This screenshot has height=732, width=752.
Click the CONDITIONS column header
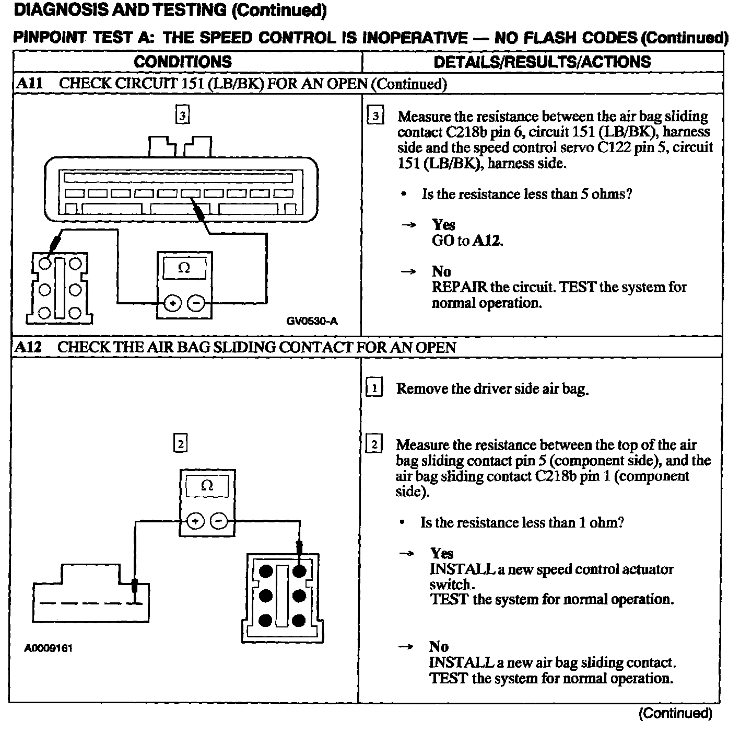(183, 62)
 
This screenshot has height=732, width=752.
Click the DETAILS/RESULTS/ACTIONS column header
(542, 62)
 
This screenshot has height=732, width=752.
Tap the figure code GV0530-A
(312, 321)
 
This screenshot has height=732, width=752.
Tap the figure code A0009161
(48, 648)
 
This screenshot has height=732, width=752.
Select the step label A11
(29, 84)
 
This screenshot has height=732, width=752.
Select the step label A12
(28, 347)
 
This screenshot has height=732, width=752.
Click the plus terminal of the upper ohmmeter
(173, 303)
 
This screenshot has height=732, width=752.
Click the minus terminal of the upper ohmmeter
(196, 303)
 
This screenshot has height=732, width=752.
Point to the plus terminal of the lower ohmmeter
(195, 521)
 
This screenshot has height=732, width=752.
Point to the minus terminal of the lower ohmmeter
(218, 521)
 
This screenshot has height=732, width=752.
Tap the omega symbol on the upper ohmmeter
(184, 268)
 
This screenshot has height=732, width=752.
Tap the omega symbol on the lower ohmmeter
(207, 486)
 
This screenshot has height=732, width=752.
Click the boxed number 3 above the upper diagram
(182, 115)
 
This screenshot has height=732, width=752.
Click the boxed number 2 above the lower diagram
(180, 444)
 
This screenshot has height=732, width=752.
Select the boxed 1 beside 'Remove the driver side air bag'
(374, 388)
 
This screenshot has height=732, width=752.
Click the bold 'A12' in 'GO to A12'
(487, 241)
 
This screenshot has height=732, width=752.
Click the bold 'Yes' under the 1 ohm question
(442, 553)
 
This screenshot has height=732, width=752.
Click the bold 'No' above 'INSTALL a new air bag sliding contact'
(439, 647)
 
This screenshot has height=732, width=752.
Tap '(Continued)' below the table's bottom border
(675, 713)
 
